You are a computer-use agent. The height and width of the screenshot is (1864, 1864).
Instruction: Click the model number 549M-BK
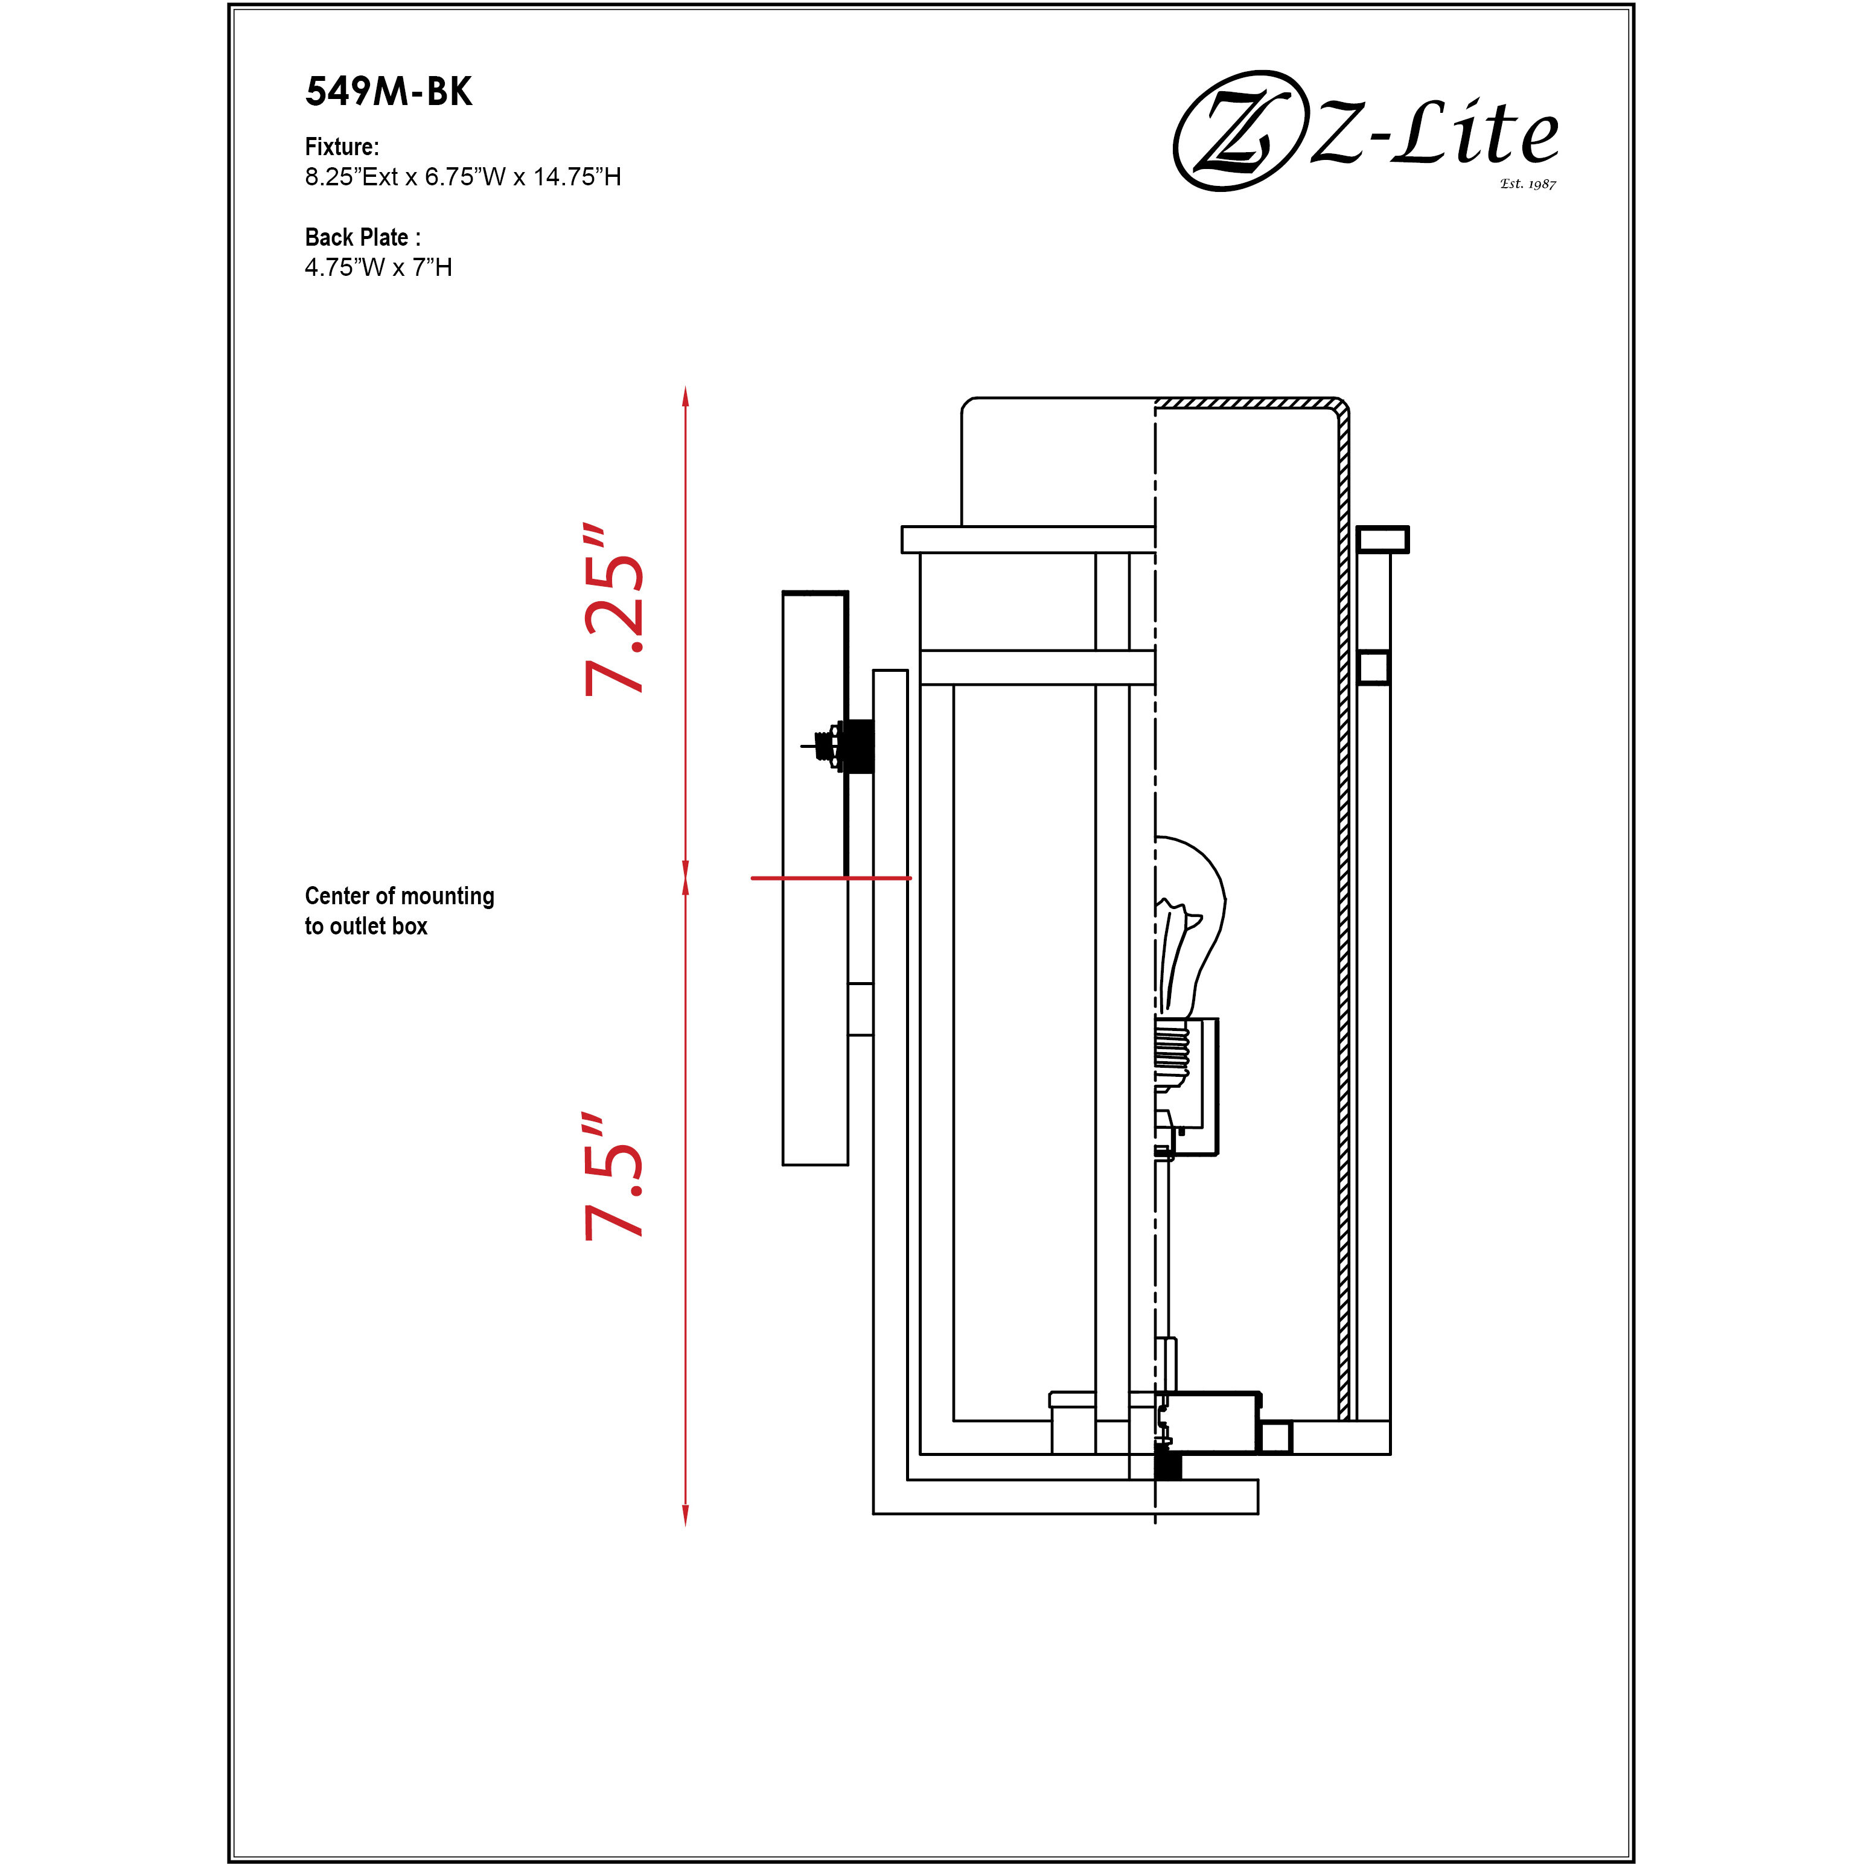point(389,92)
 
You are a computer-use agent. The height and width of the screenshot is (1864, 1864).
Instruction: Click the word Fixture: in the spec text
point(342,147)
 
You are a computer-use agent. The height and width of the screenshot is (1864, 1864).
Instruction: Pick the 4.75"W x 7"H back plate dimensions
point(378,267)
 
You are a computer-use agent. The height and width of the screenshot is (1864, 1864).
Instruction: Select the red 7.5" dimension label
point(614,1176)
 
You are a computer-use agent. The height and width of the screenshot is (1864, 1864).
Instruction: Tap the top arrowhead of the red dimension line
point(685,395)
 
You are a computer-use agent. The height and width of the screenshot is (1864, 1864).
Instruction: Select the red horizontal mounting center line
point(830,878)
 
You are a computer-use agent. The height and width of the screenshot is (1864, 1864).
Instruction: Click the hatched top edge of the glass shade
point(1245,403)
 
